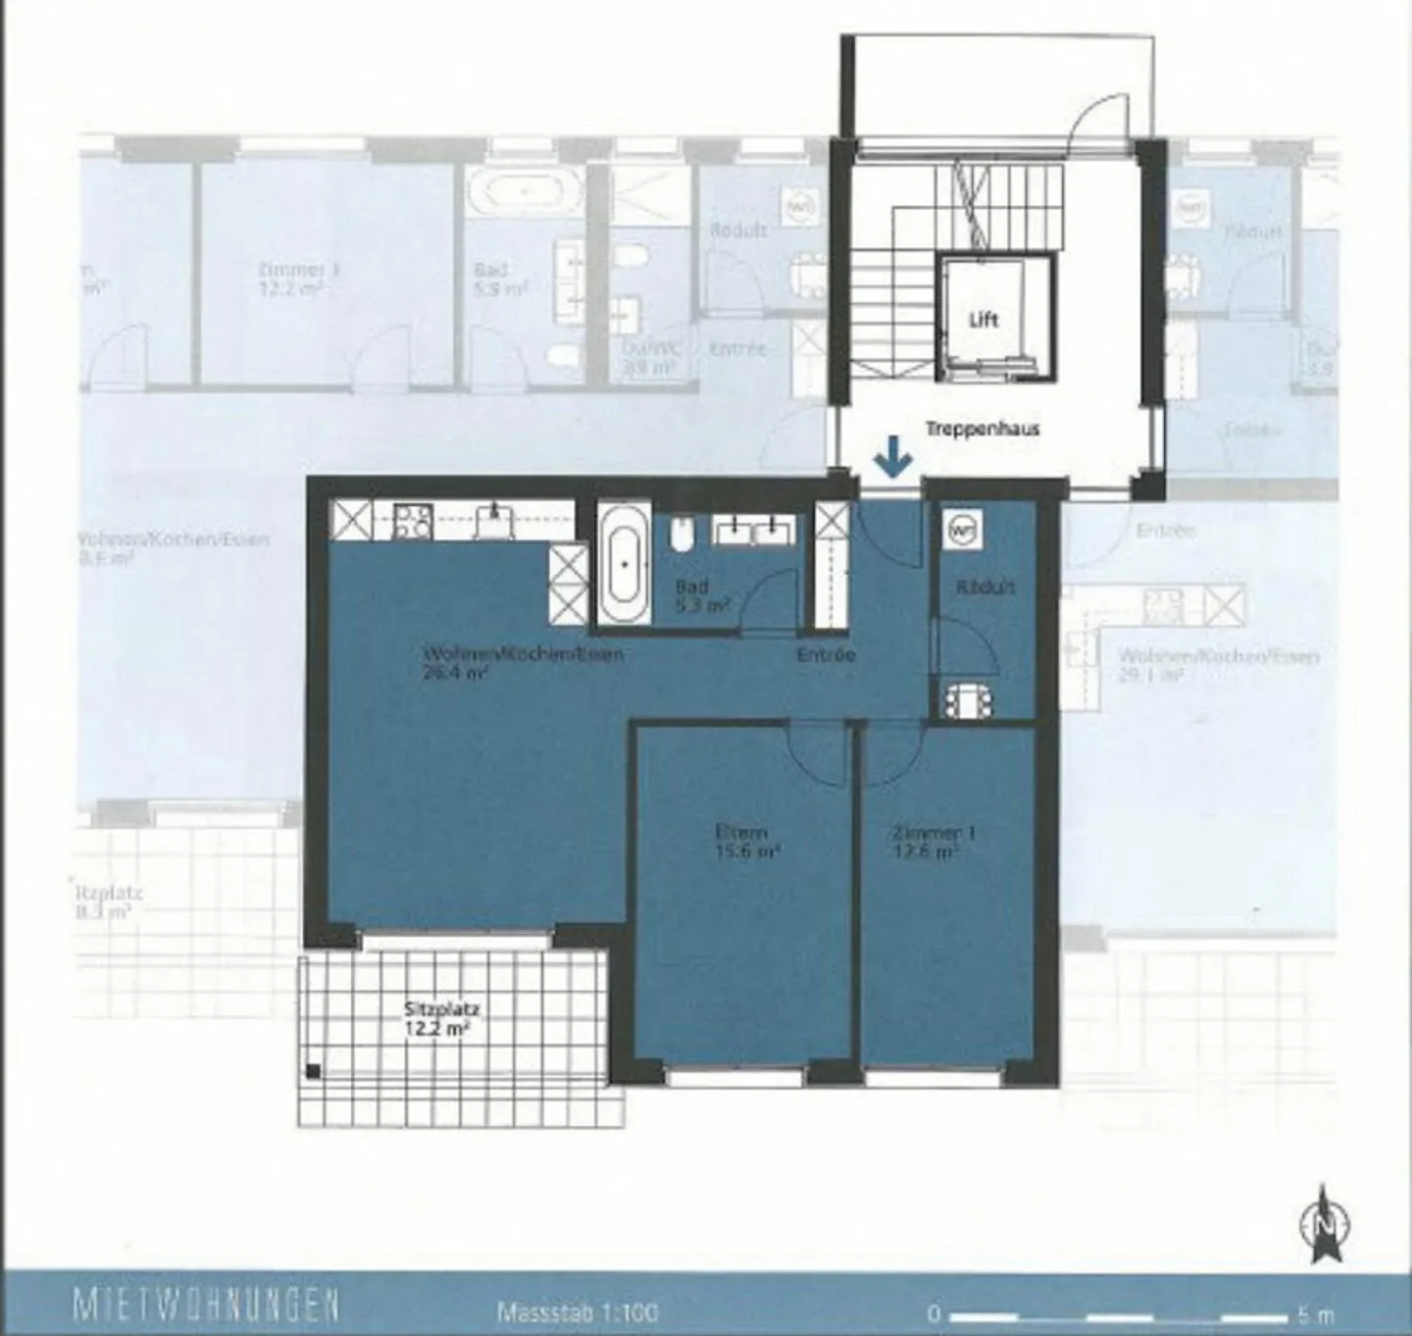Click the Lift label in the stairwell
tap(983, 319)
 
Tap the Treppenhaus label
tap(982, 429)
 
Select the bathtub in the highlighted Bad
tap(625, 564)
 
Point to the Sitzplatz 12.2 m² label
tap(441, 1017)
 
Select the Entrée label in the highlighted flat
tap(827, 654)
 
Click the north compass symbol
tap(1326, 1223)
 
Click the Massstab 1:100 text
tap(578, 1311)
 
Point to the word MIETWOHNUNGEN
tap(206, 1307)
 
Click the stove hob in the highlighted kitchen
tap(412, 520)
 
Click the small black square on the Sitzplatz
tap(313, 1071)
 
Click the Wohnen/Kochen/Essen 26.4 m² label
tap(523, 663)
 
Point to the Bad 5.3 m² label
tap(700, 596)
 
